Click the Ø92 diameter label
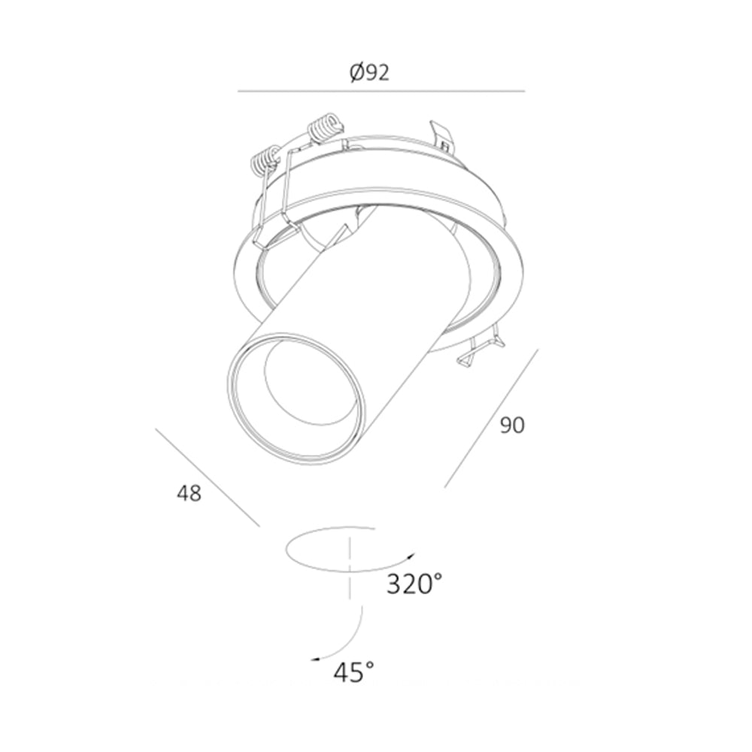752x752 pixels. (x=369, y=73)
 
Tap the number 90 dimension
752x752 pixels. (x=512, y=426)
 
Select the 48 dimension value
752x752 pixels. (x=189, y=493)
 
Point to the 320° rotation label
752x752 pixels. (x=414, y=584)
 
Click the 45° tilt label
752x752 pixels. (x=354, y=672)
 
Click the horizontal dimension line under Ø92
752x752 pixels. (x=381, y=91)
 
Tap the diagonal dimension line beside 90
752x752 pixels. (x=492, y=418)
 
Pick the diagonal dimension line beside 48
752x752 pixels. (x=208, y=478)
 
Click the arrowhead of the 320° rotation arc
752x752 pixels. (x=411, y=556)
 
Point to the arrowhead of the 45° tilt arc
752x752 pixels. (x=315, y=660)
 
